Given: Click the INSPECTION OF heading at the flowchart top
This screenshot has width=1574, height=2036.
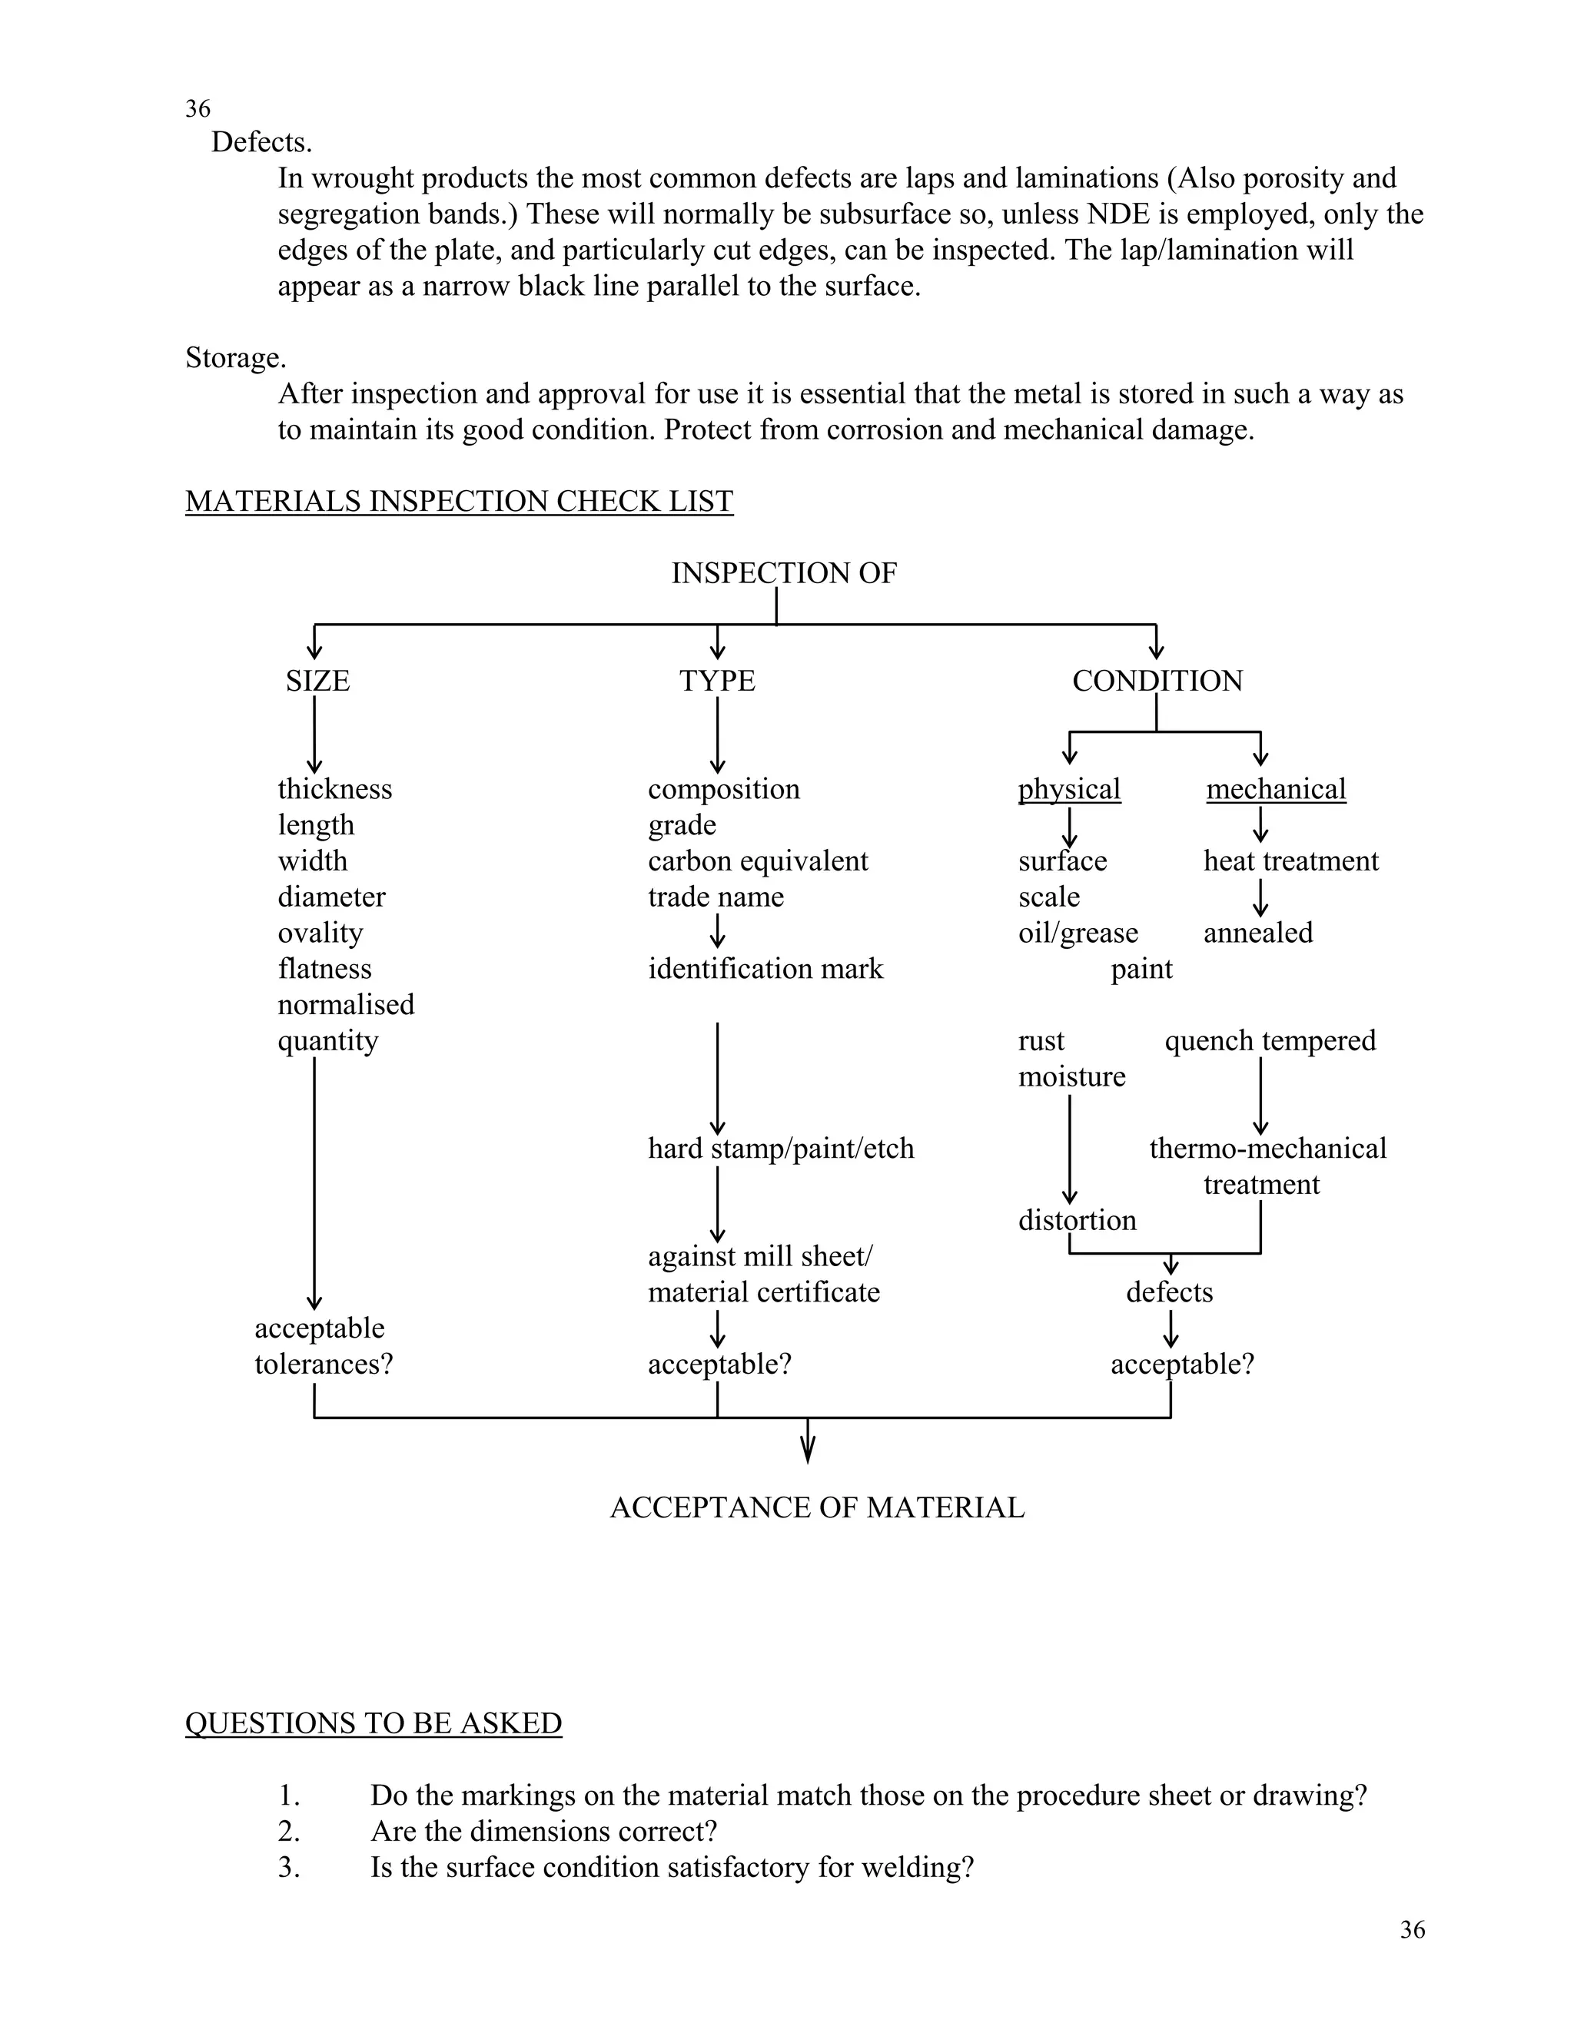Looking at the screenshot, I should point(783,572).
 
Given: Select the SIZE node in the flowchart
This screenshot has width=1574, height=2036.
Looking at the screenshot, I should point(317,681).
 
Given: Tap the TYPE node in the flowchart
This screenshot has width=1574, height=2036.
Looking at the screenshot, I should point(717,681).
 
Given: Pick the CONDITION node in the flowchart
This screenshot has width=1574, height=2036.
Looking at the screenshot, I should point(1157,681).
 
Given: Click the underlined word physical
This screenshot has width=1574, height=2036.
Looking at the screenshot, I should point(1068,789).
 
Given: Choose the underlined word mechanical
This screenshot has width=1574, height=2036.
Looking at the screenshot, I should point(1276,789).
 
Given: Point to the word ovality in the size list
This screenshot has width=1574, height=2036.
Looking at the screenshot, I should point(320,933).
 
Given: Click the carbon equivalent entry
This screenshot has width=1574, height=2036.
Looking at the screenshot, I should point(757,860).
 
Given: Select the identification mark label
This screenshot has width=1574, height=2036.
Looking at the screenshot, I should point(765,969).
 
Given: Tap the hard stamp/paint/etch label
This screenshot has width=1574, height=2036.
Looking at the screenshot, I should point(781,1148).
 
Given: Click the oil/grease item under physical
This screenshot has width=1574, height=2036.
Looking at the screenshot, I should point(1078,933).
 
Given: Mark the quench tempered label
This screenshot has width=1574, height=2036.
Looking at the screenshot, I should point(1270,1040).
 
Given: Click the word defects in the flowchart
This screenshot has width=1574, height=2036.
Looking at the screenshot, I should point(1169,1292).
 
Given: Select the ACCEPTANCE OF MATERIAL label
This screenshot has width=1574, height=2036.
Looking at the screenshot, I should point(817,1507).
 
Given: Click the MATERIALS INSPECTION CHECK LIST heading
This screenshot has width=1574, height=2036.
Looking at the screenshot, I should point(459,502).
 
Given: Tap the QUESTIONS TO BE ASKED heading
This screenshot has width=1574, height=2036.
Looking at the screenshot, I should point(373,1723).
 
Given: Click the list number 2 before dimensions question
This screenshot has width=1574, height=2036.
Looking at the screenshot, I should point(289,1831).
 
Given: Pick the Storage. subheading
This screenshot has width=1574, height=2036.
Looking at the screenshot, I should point(236,358).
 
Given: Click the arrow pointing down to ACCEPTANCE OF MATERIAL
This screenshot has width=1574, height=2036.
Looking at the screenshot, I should point(808,1441).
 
